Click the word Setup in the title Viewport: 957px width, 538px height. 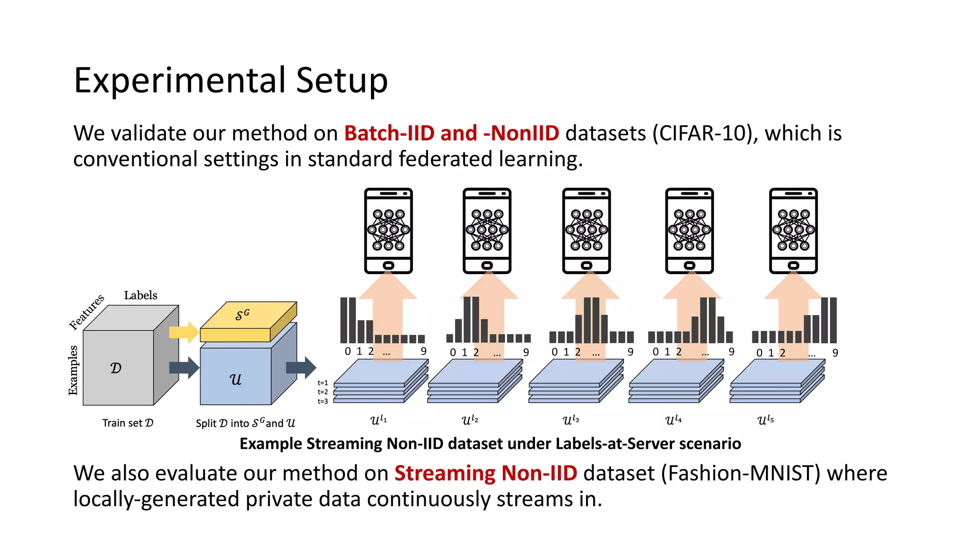(x=342, y=80)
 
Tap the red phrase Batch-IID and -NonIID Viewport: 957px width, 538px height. (x=451, y=134)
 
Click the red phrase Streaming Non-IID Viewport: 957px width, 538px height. (x=486, y=474)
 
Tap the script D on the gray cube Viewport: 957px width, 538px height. (x=116, y=368)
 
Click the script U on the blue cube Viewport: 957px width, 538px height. (x=236, y=379)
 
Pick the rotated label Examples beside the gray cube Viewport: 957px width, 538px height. (x=73, y=370)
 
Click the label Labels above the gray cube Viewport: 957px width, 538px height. (x=140, y=295)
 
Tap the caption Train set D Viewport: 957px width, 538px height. (x=128, y=423)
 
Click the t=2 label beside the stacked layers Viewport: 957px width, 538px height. (x=323, y=392)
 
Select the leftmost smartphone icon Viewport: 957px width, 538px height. (x=388, y=231)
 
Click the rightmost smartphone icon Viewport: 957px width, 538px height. (x=793, y=231)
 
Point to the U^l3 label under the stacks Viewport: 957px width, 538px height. (x=571, y=420)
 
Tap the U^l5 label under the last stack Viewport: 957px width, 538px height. (x=765, y=420)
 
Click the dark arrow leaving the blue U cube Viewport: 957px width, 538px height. (x=301, y=368)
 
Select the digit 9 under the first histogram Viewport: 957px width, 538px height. (x=423, y=351)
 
